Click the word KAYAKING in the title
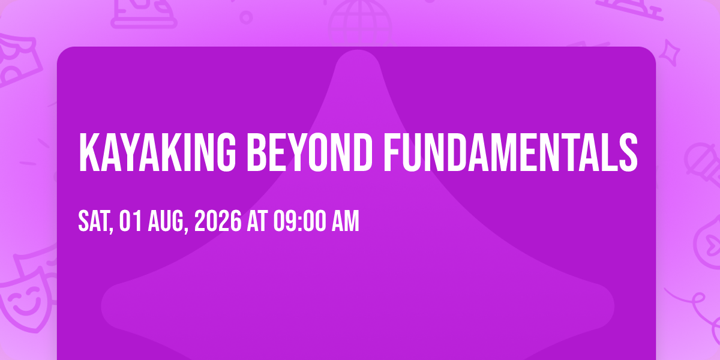click(157, 152)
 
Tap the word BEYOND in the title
click(309, 152)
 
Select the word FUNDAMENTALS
click(511, 152)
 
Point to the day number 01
click(130, 221)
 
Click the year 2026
click(218, 221)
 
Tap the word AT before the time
click(257, 221)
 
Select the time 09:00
click(299, 221)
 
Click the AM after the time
click(346, 221)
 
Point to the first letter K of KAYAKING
click(89, 152)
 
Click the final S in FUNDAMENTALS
click(628, 152)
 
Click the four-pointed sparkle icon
click(670, 53)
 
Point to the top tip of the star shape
click(358, 50)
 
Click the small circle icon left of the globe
click(246, 17)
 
